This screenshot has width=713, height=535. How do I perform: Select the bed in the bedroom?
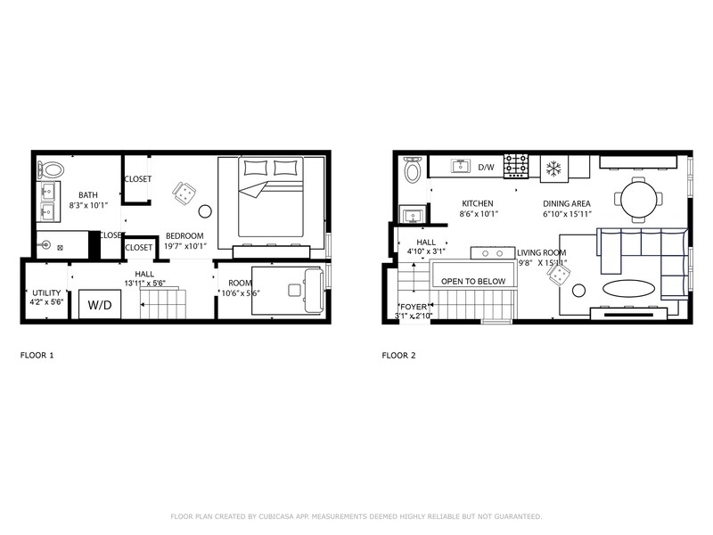271,201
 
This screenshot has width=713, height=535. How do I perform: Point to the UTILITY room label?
46,292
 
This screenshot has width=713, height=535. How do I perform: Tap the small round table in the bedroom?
205,212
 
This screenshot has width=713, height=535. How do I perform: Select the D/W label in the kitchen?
486,167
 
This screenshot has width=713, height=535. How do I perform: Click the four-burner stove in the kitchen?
517,166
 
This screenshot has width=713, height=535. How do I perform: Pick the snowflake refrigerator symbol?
552,168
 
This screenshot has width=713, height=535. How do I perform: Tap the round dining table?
640,198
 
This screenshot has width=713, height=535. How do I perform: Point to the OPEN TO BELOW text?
472,282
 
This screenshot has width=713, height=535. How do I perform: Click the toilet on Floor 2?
413,169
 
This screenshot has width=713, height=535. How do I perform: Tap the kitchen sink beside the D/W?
461,166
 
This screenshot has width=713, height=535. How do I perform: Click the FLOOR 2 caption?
397,355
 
